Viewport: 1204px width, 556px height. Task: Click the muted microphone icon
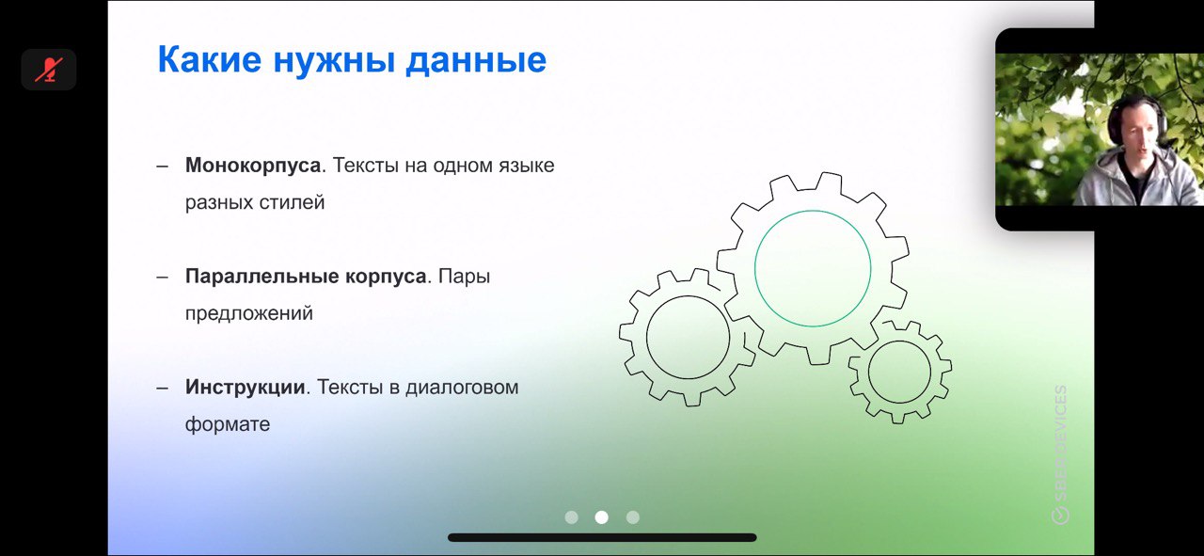[x=49, y=70]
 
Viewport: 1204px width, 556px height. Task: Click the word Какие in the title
[x=210, y=59]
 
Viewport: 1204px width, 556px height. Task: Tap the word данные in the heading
[x=476, y=60]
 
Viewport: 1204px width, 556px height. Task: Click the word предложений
[x=249, y=314]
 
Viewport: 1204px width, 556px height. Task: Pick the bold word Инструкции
[x=246, y=388]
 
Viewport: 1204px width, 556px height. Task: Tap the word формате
[x=228, y=424]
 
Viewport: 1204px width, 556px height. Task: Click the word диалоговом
[x=462, y=388]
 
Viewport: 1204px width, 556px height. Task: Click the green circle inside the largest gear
[x=754, y=268]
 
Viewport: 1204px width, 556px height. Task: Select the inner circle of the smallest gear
[x=868, y=373]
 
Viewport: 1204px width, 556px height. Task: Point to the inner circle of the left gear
[x=646, y=337]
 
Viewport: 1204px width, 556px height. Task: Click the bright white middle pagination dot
[x=601, y=517]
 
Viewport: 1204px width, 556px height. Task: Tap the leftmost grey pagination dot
[x=571, y=517]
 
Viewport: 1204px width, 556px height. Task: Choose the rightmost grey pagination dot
[x=633, y=517]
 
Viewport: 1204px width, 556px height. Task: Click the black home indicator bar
[x=602, y=538]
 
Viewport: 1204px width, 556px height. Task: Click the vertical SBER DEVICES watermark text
[x=1060, y=454]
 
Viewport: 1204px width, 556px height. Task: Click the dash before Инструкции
[x=163, y=389]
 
